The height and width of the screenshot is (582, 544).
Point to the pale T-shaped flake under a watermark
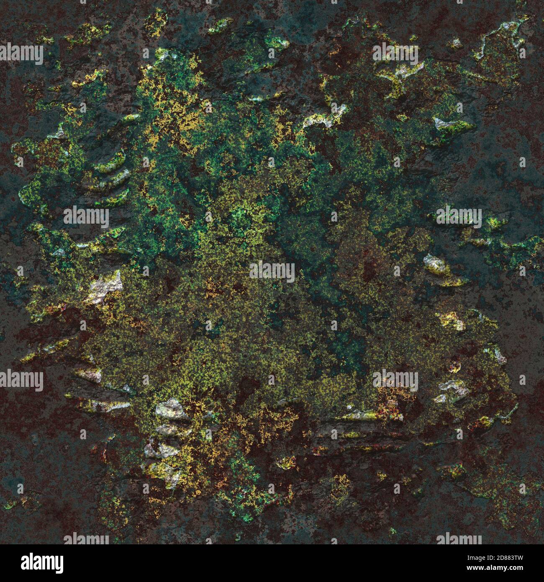398,71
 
